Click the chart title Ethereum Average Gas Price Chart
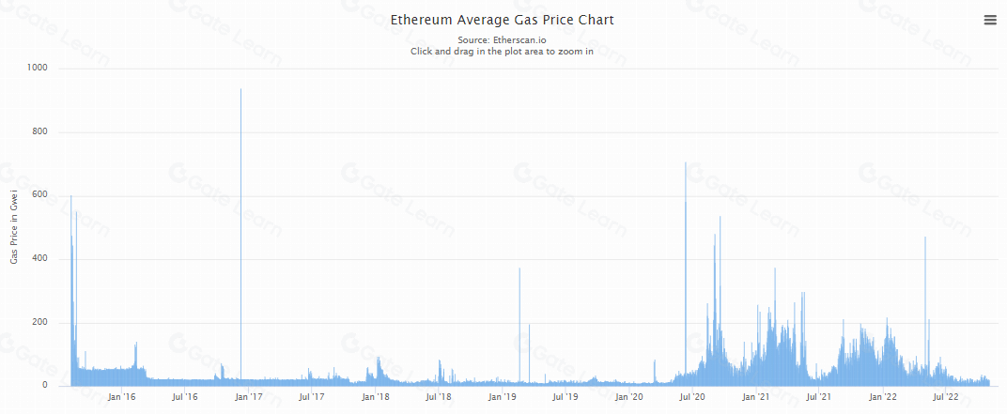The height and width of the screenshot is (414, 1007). pos(502,20)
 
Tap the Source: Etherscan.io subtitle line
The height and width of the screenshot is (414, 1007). pos(502,40)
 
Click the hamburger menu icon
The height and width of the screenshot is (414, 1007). pos(989,20)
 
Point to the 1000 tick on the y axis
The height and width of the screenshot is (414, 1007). pos(40,69)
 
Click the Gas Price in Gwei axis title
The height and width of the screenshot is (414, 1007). pos(14,226)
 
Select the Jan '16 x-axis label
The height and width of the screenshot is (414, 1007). pos(122,397)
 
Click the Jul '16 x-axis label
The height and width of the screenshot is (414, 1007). pos(185,397)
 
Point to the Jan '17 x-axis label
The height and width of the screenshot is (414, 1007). pos(249,397)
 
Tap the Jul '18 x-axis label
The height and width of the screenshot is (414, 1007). pos(439,397)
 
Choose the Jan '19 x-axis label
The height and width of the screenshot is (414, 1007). pos(503,397)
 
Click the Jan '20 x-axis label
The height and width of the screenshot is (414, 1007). pos(629,397)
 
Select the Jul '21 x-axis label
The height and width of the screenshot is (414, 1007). pos(819,397)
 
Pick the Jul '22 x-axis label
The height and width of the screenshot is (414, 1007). pos(945,397)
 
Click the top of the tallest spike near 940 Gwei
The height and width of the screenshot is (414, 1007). pos(241,89)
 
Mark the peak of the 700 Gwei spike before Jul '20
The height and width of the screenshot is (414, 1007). pos(686,163)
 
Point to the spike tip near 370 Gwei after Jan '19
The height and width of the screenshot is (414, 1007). pos(519,268)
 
